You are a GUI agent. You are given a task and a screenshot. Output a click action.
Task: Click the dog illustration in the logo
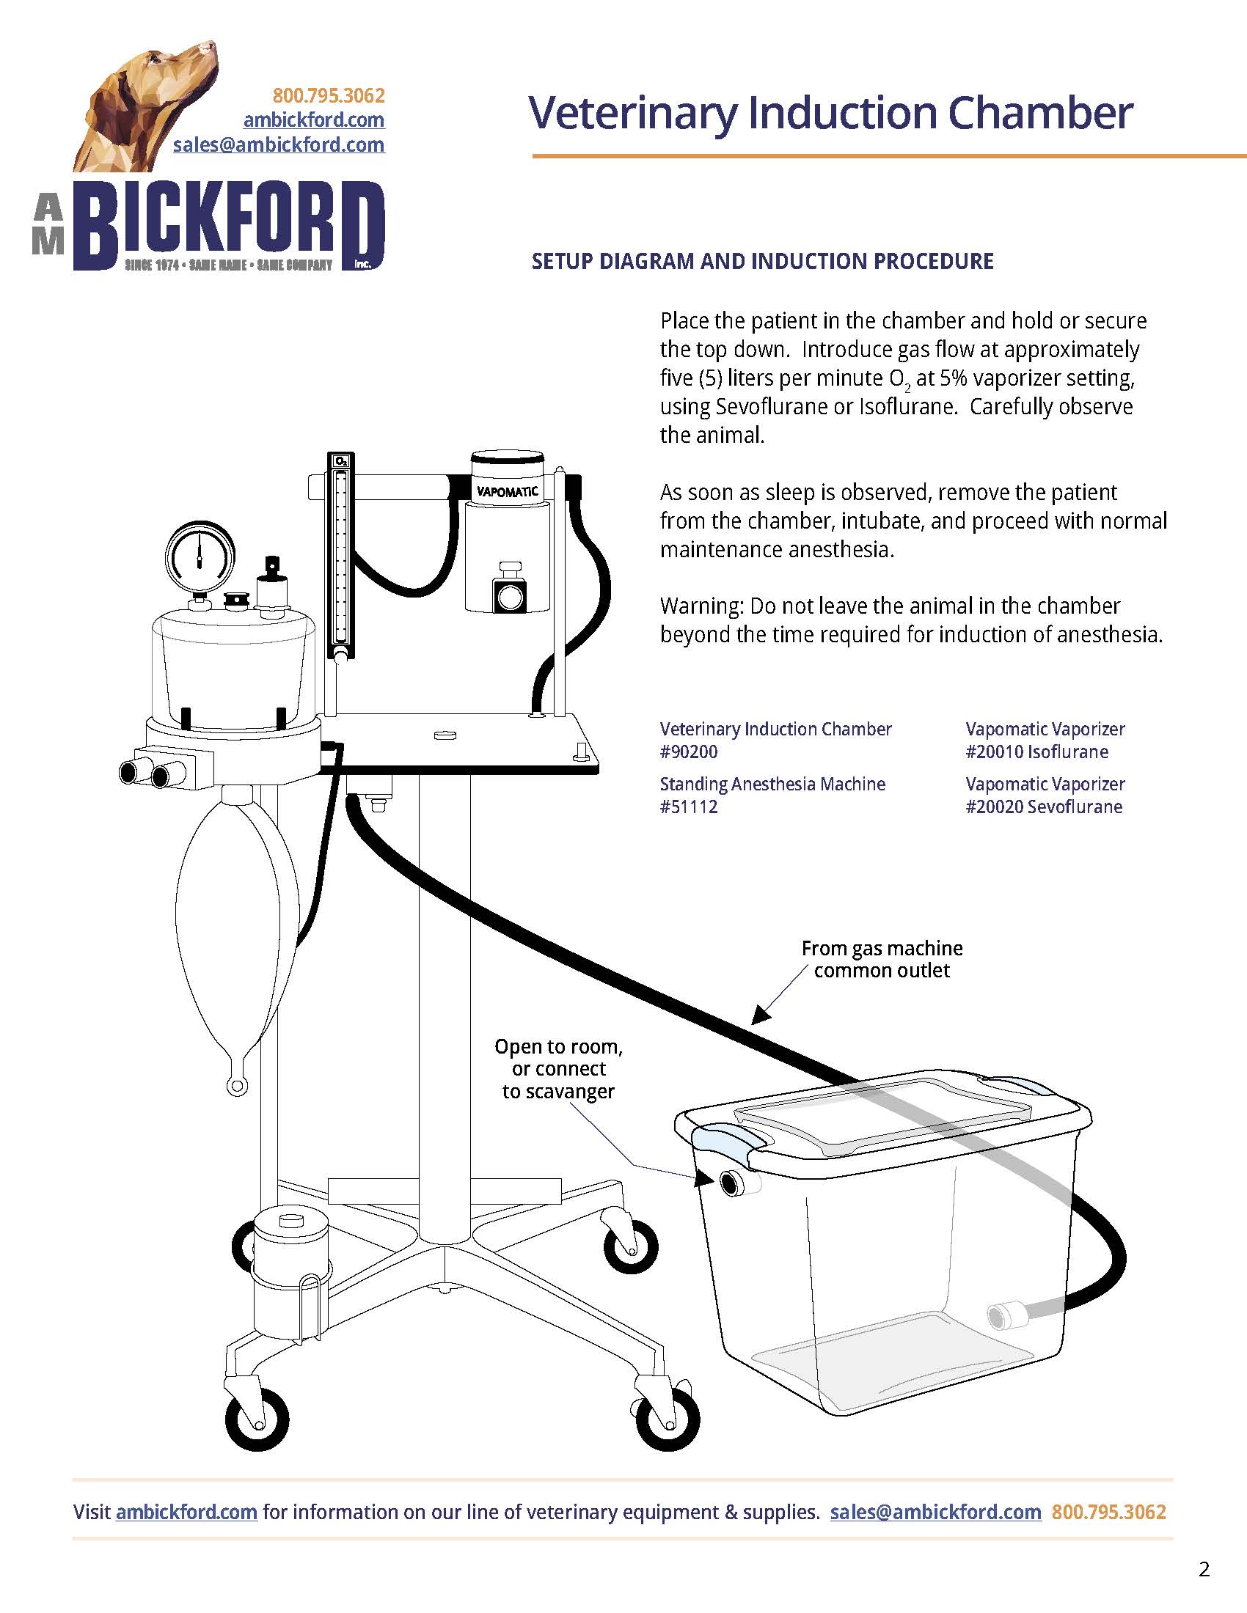(x=151, y=103)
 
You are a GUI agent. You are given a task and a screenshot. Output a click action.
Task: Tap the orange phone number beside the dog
(x=329, y=96)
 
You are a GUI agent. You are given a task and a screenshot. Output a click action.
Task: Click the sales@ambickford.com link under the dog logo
(x=279, y=144)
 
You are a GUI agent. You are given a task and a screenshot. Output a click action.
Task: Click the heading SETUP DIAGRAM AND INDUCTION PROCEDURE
(x=762, y=262)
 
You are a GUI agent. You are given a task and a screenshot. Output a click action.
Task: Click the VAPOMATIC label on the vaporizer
(x=507, y=491)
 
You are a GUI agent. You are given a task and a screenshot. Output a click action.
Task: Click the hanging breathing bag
(x=235, y=930)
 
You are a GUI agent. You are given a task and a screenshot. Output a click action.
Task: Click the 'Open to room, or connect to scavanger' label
(x=558, y=1069)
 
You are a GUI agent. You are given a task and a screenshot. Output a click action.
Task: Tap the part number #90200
(x=689, y=752)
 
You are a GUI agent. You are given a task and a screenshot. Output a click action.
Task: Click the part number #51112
(x=689, y=806)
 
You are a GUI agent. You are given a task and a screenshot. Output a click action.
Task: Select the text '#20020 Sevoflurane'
(x=1043, y=806)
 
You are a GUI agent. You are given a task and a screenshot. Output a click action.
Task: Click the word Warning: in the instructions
(x=701, y=606)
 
